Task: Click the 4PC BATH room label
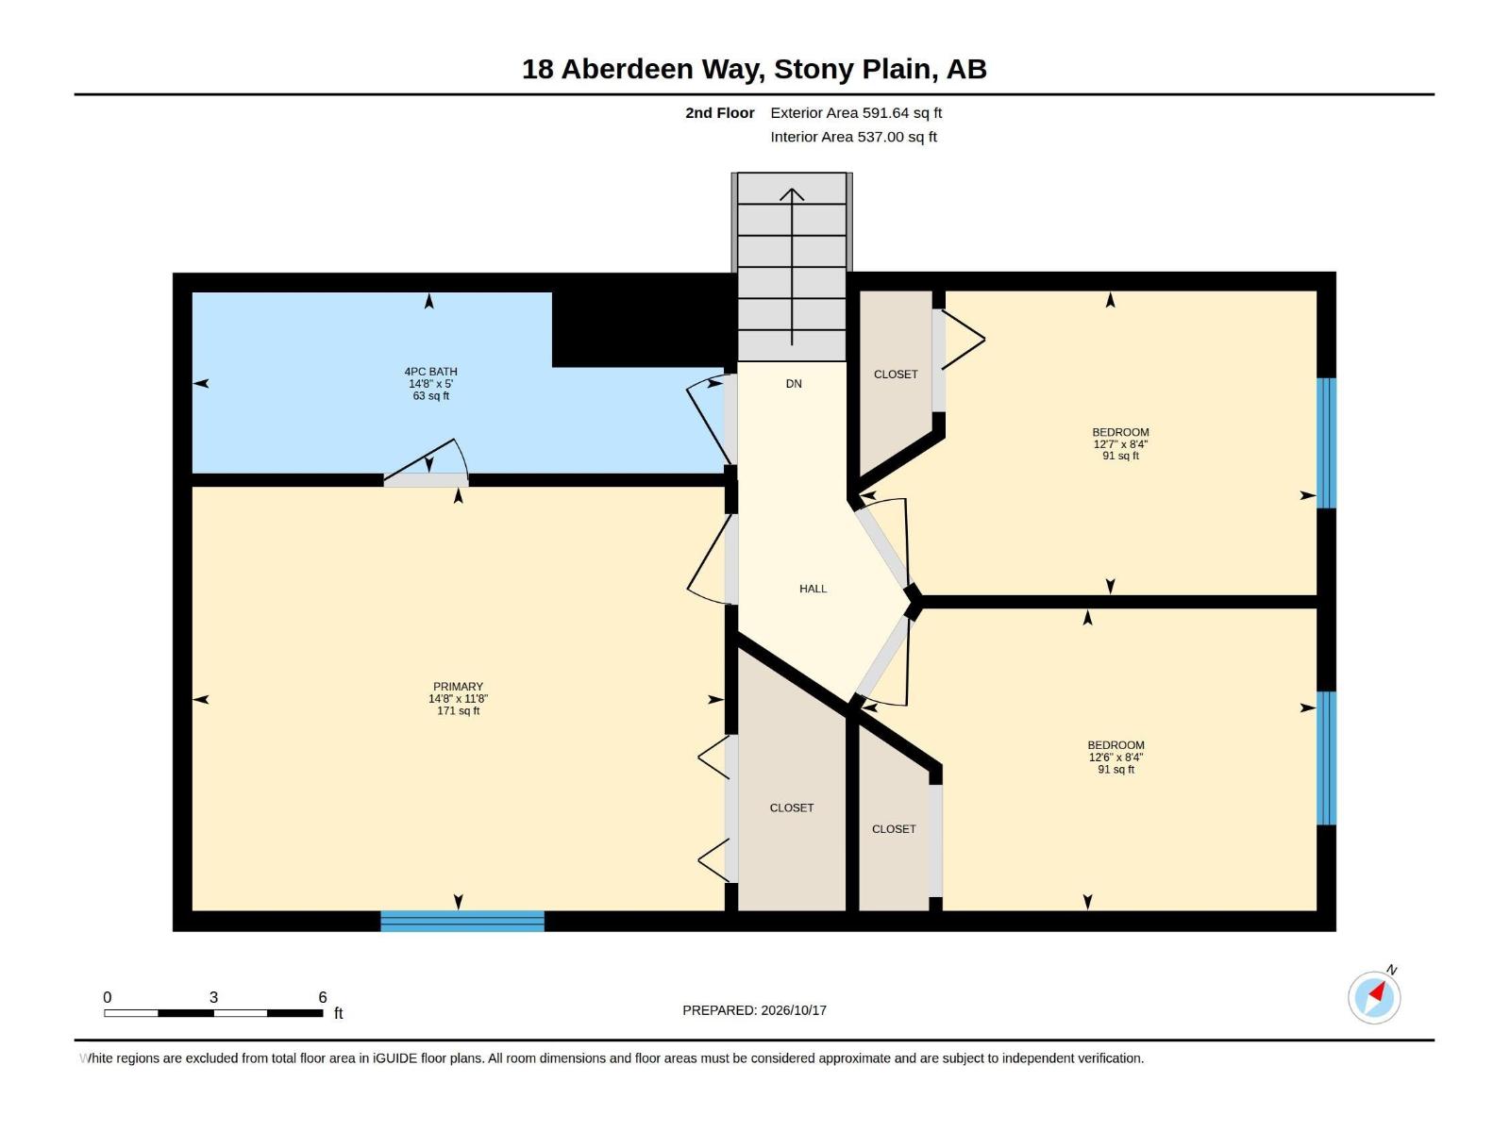(430, 372)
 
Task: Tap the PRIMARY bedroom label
(458, 687)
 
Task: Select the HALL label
(814, 589)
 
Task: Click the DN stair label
(794, 384)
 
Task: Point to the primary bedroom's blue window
(462, 921)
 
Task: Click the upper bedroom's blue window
(1326, 443)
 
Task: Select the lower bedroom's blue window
(1326, 758)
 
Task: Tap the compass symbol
(1374, 997)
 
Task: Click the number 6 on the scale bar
(323, 997)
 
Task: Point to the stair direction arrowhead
(792, 194)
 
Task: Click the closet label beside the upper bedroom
(896, 375)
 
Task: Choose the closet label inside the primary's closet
(792, 808)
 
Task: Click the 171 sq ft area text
(458, 711)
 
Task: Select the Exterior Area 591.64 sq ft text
(856, 113)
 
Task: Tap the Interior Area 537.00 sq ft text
(854, 137)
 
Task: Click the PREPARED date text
(755, 1010)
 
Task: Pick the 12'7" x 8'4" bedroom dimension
(1120, 444)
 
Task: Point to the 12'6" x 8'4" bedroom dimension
(1116, 757)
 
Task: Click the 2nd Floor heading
(719, 113)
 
